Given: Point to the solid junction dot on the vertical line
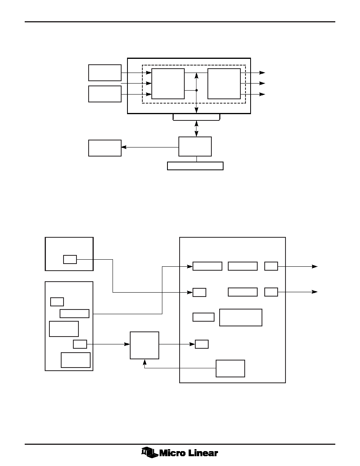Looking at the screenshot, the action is click(x=196, y=90).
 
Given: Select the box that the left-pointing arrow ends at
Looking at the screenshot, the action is click(x=105, y=148).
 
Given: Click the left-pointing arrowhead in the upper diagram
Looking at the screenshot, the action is click(x=124, y=147).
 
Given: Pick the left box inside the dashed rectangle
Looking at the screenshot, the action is click(x=168, y=84).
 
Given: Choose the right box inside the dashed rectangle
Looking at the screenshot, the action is click(x=224, y=84).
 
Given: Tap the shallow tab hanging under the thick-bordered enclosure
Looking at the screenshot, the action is click(x=196, y=117).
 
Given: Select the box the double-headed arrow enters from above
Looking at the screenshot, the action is click(x=195, y=147).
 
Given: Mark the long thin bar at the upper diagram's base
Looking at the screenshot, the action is click(x=195, y=166).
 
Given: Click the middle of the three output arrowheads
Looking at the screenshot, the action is click(x=262, y=84).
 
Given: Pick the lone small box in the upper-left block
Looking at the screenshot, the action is click(x=70, y=259).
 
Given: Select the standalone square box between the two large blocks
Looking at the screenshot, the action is click(x=144, y=345).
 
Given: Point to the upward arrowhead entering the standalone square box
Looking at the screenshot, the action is click(x=144, y=362).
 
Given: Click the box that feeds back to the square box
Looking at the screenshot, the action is click(x=230, y=368).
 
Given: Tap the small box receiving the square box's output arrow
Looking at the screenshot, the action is click(x=202, y=344).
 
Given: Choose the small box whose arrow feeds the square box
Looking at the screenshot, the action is click(x=80, y=344).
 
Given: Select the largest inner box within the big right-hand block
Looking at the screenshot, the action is click(x=241, y=317).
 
